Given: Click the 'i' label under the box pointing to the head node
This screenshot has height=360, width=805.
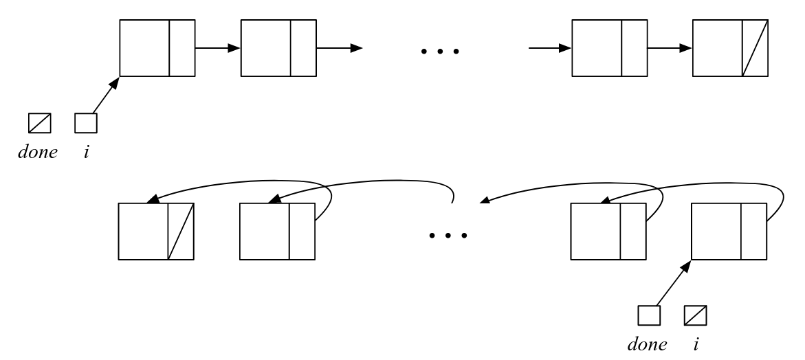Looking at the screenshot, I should point(86,151).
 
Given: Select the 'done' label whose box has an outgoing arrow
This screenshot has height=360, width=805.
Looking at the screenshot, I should point(648,344).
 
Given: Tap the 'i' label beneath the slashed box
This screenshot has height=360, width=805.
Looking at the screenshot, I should point(696,344).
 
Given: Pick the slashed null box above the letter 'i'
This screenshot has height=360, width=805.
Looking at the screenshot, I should point(696,315).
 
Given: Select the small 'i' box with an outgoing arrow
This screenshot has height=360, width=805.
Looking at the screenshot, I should point(86,123).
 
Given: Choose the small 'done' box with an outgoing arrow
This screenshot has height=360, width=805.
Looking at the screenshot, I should point(649,315).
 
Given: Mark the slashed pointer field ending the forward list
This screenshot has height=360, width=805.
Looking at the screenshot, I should point(755,48).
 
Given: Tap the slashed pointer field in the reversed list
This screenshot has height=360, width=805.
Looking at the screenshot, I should point(181,232).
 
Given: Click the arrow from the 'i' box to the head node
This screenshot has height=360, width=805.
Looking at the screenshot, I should point(106,95).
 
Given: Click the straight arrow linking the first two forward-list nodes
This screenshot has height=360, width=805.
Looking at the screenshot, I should point(218,48).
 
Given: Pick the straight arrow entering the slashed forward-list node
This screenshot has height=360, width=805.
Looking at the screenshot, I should point(670,48).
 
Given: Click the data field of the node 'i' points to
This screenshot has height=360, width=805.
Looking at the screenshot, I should point(144,48).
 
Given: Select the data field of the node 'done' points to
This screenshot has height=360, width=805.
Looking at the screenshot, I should point(716,232).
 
